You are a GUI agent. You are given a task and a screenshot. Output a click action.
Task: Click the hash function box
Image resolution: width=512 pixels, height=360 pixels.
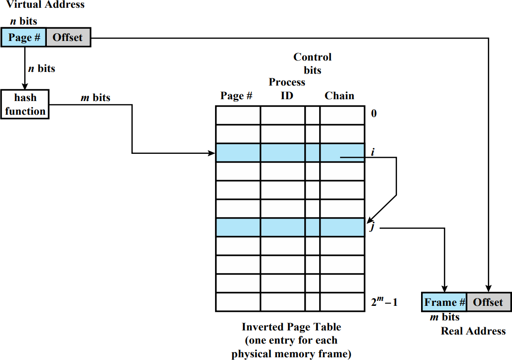point(25,104)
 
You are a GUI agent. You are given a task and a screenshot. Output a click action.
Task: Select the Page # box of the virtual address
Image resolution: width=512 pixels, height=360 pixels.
point(24,37)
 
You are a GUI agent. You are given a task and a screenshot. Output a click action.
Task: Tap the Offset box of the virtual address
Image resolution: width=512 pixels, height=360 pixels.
point(68,37)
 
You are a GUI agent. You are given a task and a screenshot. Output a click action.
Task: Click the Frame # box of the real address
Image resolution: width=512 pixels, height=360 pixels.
point(444,302)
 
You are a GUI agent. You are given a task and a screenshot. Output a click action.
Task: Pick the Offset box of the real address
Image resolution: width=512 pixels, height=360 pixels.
point(489,302)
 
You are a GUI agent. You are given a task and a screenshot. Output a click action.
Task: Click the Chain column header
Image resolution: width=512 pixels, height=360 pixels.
point(339,96)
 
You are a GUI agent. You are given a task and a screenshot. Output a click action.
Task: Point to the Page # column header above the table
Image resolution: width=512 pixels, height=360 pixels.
point(236,96)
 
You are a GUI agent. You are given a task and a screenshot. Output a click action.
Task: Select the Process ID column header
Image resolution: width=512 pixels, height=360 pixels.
point(287,89)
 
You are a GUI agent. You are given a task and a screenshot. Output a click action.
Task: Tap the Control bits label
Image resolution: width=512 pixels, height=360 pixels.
point(312,63)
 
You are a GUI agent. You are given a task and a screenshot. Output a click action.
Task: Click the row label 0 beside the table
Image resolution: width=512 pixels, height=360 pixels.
point(374,113)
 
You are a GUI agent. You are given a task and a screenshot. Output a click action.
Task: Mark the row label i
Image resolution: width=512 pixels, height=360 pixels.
point(372,152)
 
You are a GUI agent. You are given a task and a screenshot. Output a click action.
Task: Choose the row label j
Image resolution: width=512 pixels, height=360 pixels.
point(372,226)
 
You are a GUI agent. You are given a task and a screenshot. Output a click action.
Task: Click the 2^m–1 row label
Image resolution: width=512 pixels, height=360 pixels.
point(384,301)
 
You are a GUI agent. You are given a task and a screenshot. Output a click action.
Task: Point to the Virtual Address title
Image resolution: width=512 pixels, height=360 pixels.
point(45,5)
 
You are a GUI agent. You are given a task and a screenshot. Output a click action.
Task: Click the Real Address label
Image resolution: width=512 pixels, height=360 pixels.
point(473,331)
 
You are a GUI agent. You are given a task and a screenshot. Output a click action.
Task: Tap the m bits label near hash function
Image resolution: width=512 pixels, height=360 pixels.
point(95,97)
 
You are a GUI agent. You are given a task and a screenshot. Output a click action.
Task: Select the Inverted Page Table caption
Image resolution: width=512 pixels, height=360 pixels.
point(291,340)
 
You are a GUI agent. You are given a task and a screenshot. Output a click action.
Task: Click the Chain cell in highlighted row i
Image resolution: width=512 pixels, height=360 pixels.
point(342,153)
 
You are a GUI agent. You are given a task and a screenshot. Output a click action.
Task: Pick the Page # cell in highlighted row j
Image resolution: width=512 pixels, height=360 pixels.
point(238,227)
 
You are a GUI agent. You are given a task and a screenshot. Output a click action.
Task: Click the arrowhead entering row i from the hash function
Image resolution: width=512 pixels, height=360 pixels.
point(212,153)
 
